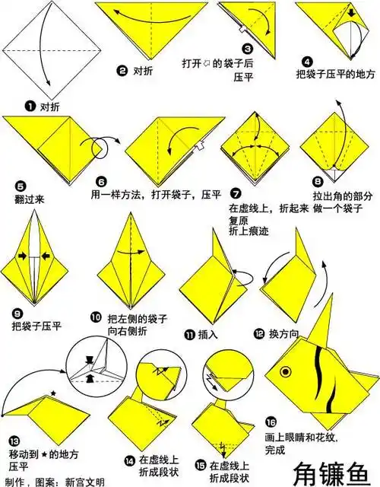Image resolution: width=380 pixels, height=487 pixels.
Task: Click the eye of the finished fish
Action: pyautogui.click(x=286, y=372)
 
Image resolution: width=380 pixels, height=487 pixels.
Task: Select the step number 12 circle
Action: pyautogui.click(x=259, y=333)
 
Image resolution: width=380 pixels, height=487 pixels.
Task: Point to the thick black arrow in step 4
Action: pyautogui.click(x=350, y=14)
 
